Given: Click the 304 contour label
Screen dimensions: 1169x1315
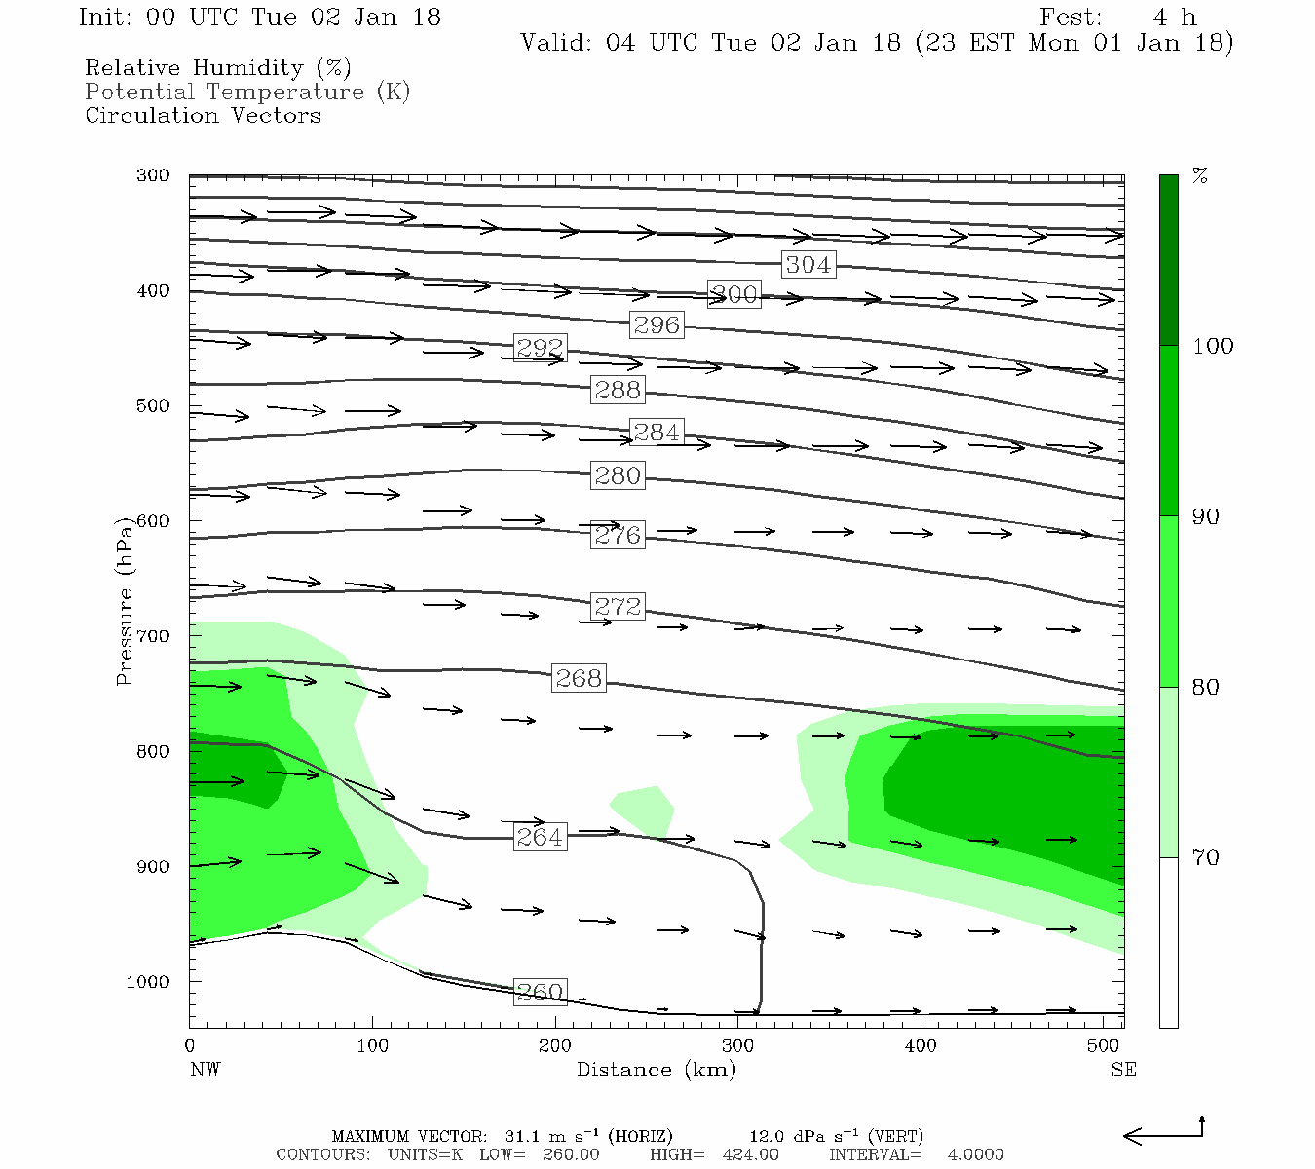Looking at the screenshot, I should click(808, 264).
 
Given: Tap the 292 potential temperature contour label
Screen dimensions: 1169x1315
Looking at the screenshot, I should click(540, 347).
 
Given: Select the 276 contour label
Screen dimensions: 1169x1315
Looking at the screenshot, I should click(618, 535).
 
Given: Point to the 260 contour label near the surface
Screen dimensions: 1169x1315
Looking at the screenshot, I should click(540, 992).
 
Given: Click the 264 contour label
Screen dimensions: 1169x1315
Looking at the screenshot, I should click(540, 837).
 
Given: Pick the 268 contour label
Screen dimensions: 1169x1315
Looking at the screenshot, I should click(579, 677).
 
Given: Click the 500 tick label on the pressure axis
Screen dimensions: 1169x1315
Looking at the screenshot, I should click(153, 406).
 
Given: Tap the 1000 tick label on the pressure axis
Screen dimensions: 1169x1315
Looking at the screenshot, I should click(148, 982).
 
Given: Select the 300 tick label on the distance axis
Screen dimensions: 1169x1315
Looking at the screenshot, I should click(737, 1046).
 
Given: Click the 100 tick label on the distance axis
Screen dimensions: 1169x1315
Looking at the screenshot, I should click(372, 1046).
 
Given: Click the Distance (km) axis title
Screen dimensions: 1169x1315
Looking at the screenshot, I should click(656, 1070).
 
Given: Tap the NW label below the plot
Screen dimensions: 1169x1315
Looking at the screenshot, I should click(205, 1070).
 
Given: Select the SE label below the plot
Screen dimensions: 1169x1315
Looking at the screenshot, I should click(1123, 1070).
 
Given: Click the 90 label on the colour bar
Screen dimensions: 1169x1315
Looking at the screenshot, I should click(1206, 516).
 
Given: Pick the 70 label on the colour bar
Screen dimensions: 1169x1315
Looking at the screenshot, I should click(1206, 857).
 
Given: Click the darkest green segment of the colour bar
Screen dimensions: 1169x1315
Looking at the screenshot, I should click(1168, 260).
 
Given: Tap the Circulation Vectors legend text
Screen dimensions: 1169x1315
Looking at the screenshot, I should click(203, 115).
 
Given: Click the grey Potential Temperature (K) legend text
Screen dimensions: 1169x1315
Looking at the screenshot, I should click(247, 92).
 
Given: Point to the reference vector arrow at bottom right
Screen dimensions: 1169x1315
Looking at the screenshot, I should click(1163, 1133).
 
